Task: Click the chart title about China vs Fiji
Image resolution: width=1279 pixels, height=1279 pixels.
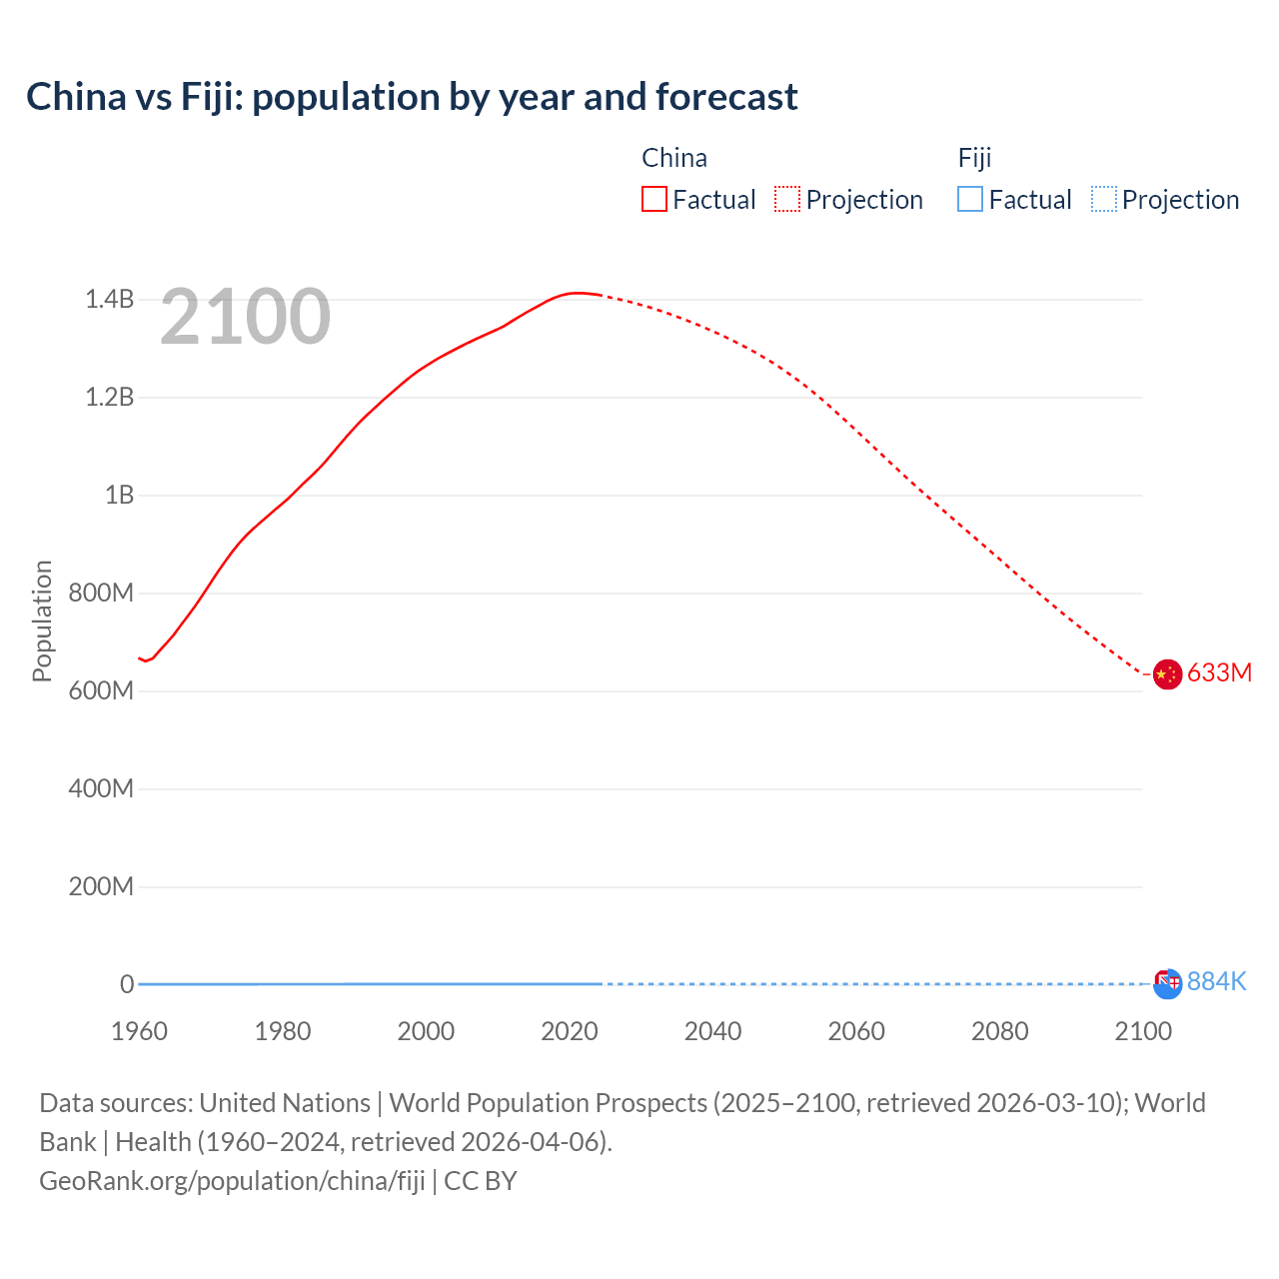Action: (412, 97)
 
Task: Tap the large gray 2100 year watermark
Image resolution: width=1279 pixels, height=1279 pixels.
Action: (245, 317)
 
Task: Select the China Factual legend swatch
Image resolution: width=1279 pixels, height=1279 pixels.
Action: (653, 200)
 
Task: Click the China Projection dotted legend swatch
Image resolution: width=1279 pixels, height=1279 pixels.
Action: (787, 200)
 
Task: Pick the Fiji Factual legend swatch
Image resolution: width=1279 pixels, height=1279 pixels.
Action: (969, 200)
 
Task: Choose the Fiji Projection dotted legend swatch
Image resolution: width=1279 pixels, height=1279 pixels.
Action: (1103, 200)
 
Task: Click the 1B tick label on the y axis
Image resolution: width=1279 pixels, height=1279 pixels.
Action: (119, 496)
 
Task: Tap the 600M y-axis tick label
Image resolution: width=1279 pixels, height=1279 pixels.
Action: (101, 691)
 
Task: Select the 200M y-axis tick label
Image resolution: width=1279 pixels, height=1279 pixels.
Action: (101, 887)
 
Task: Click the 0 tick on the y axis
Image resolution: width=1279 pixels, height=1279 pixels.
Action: (127, 985)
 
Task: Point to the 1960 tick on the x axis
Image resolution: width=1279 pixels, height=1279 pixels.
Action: (139, 1031)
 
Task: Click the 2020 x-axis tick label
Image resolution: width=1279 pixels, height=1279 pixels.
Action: (570, 1031)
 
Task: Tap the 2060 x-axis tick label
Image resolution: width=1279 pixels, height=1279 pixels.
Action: (856, 1031)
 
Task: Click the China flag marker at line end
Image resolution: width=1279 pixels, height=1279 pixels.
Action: (1167, 674)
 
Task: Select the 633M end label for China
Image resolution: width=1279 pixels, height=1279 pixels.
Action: (1219, 673)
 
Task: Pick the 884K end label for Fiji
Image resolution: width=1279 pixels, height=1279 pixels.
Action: (1216, 982)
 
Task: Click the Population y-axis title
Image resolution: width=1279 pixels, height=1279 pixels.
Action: (42, 621)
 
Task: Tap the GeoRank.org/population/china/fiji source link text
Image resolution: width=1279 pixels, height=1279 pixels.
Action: (232, 1181)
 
